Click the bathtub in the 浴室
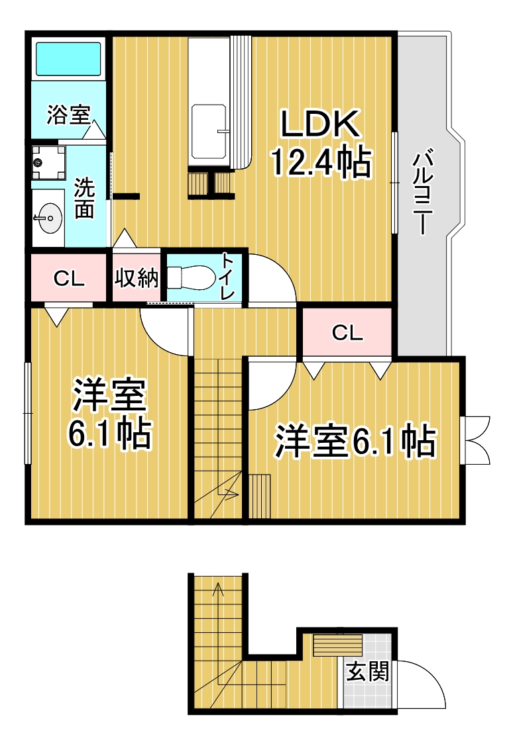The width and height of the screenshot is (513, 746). pyautogui.click(x=68, y=58)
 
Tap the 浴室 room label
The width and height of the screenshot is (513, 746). pyautogui.click(x=68, y=115)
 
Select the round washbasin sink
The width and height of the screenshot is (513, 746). pyautogui.click(x=48, y=218)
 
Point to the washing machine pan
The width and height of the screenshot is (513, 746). pyautogui.click(x=48, y=163)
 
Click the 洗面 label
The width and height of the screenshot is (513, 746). pyautogui.click(x=84, y=199)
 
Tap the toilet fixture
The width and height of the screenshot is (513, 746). pyautogui.click(x=190, y=277)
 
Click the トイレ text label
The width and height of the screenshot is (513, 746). pyautogui.click(x=228, y=277)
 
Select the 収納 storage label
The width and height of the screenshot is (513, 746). pyautogui.click(x=137, y=277)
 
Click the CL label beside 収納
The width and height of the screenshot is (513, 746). pyautogui.click(x=69, y=279)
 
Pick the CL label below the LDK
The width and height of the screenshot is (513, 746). pyautogui.click(x=348, y=333)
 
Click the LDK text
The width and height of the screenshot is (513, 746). pyautogui.click(x=319, y=124)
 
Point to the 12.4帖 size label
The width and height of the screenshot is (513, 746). pyautogui.click(x=321, y=162)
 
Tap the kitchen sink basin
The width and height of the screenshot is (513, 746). pyautogui.click(x=209, y=132)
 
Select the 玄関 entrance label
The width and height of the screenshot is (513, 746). pyautogui.click(x=367, y=671)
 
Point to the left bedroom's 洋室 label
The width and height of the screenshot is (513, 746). pyautogui.click(x=109, y=395)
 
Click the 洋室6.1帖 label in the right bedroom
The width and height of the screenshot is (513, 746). pyautogui.click(x=355, y=442)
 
